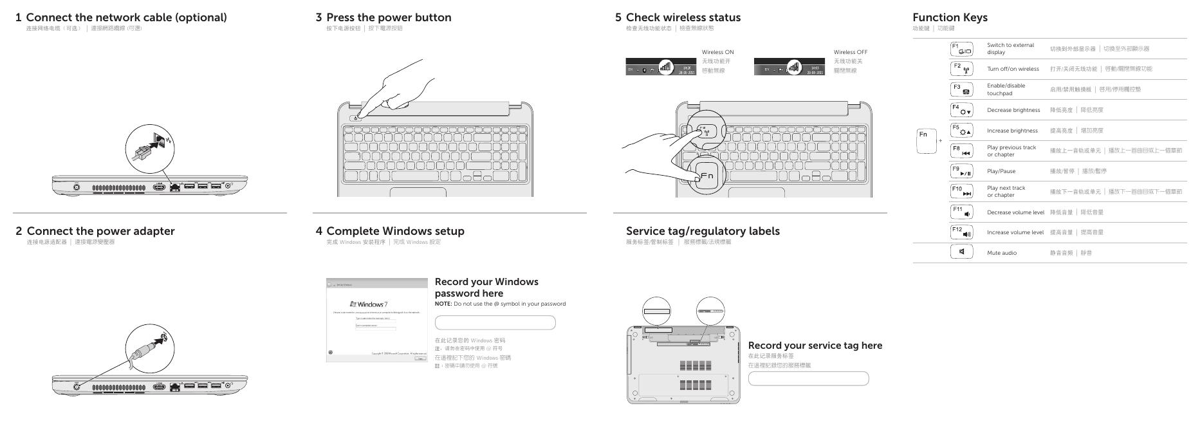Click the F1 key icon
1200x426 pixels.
pyautogui.click(x=961, y=49)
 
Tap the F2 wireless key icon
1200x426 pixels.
pyautogui.click(x=961, y=69)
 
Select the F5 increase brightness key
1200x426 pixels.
pyautogui.click(x=961, y=130)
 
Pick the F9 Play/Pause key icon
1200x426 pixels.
pyautogui.click(x=961, y=171)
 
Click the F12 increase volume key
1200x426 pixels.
pyautogui.click(x=961, y=232)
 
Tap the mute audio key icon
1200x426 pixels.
pyautogui.click(x=961, y=252)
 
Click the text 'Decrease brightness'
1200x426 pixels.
pyautogui.click(x=1013, y=110)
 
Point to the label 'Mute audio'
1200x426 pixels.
pyautogui.click(x=1001, y=253)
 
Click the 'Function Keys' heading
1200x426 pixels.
pyautogui.click(x=949, y=17)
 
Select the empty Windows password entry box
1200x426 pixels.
pyautogui.click(x=495, y=322)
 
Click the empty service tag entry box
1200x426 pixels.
pyautogui.click(x=808, y=378)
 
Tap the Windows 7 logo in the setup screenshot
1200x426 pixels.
pyautogui.click(x=369, y=304)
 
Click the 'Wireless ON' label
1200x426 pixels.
pyautogui.click(x=717, y=52)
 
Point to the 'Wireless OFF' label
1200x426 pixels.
pyautogui.click(x=850, y=52)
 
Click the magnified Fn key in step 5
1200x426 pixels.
pyautogui.click(x=706, y=176)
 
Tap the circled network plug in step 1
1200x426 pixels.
pyautogui.click(x=150, y=149)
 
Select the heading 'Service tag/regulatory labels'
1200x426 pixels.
pyautogui.click(x=703, y=231)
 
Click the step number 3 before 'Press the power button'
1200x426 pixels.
pyautogui.click(x=318, y=17)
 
